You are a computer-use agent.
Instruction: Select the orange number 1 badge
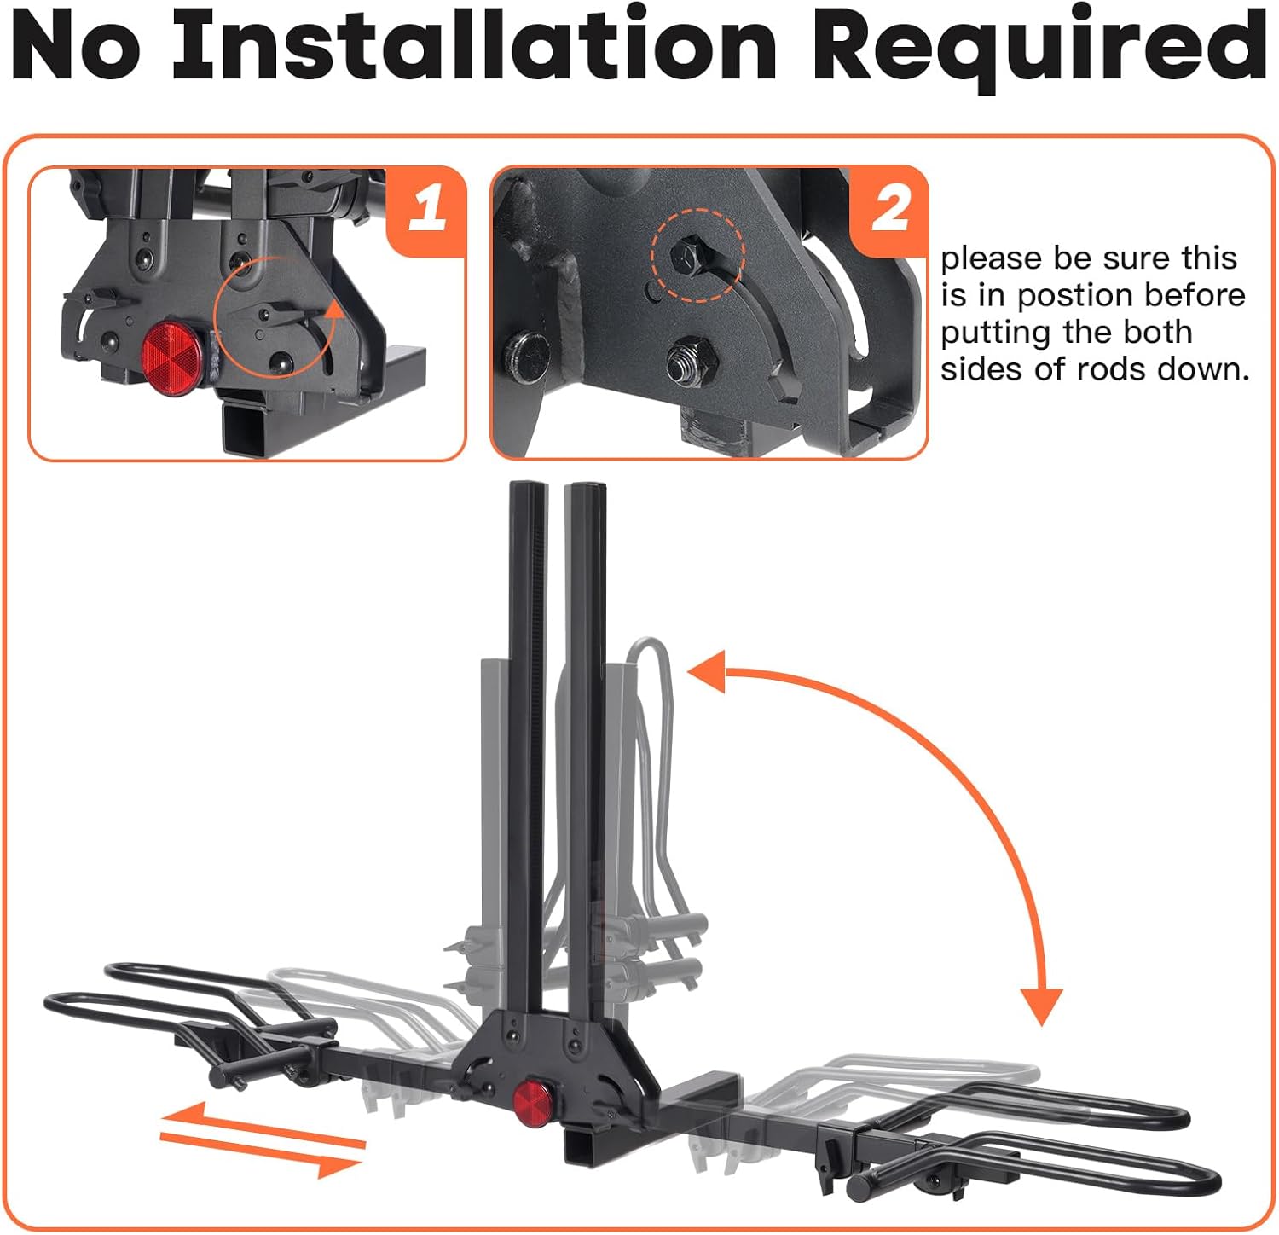pyautogui.click(x=426, y=208)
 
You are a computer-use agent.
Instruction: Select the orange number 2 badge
pyautogui.click(x=889, y=208)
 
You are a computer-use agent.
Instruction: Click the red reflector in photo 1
pyautogui.click(x=173, y=349)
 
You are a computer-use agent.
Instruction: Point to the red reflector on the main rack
pyautogui.click(x=531, y=1097)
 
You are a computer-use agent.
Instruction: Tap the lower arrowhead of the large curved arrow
pyautogui.click(x=1041, y=1006)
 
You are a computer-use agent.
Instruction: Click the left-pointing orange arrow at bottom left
pyautogui.click(x=183, y=1116)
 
